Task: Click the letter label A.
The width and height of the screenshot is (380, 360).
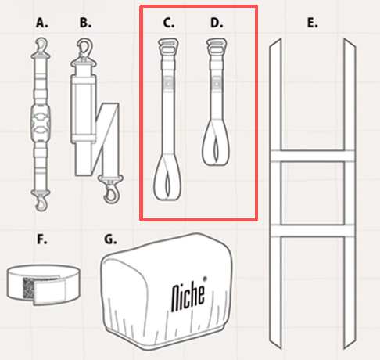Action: click(41, 23)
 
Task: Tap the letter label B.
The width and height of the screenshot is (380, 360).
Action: click(85, 23)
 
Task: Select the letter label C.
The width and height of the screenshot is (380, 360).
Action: click(168, 23)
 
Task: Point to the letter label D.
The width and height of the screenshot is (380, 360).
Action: click(217, 23)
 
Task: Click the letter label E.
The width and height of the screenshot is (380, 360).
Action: click(312, 23)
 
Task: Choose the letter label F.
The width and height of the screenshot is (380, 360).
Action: click(42, 239)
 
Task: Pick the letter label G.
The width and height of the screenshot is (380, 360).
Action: click(110, 239)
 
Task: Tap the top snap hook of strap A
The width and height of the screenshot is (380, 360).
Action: click(41, 48)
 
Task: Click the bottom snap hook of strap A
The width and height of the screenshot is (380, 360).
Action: click(41, 200)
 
